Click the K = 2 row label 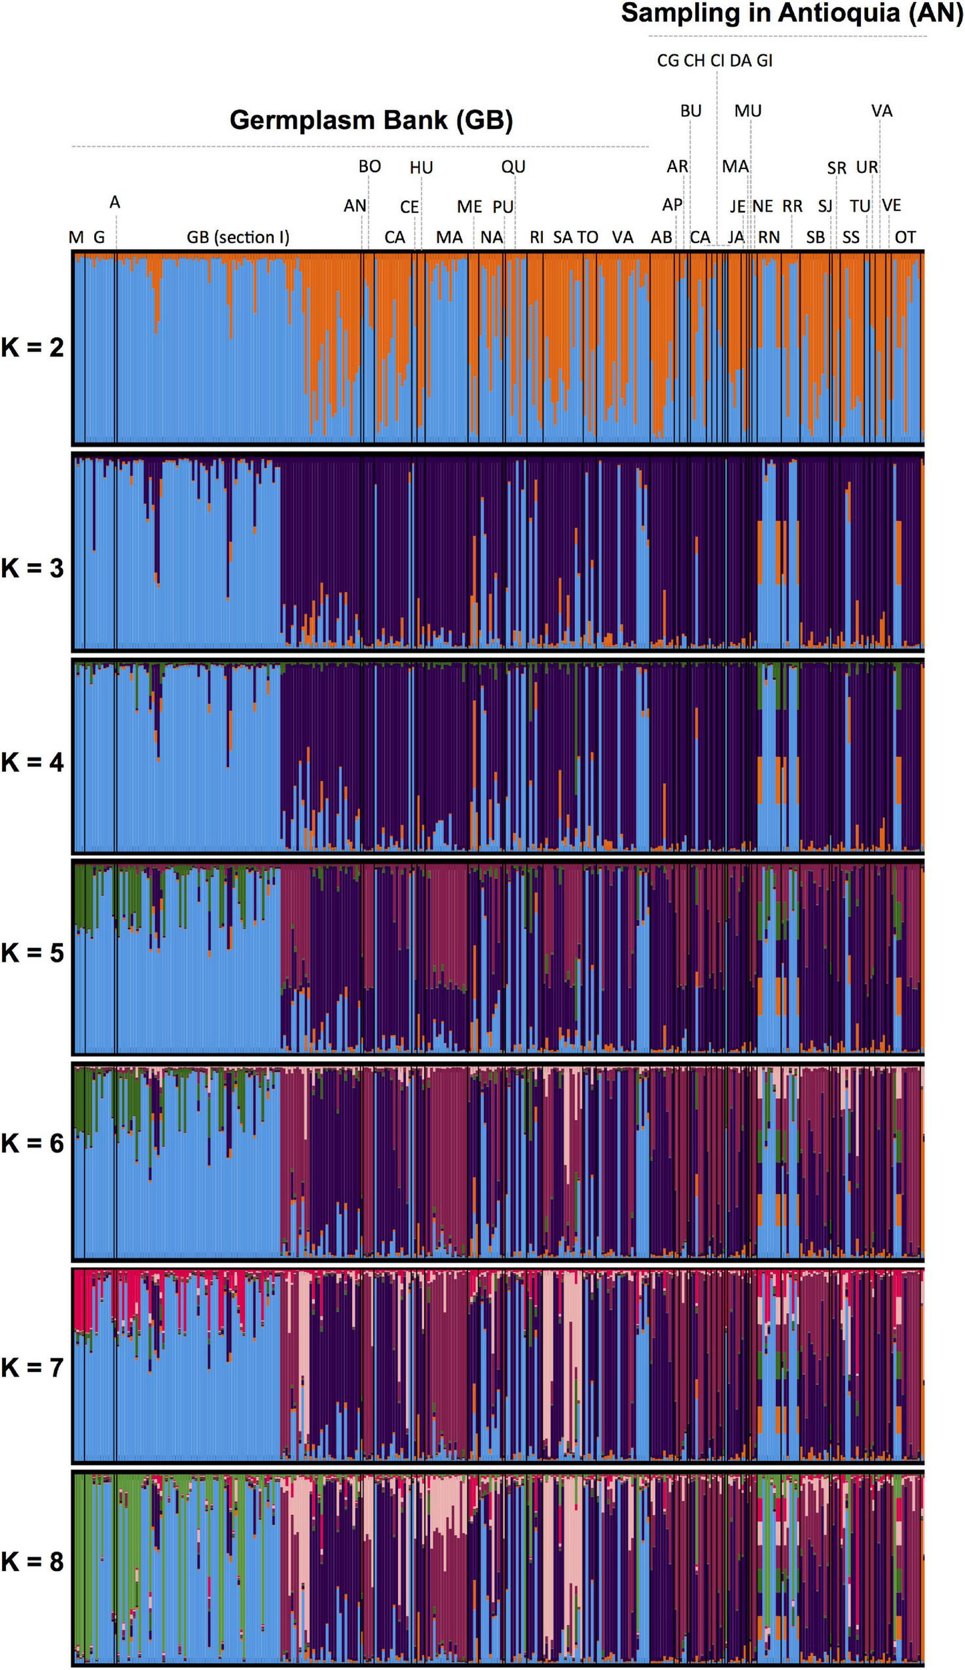[x=32, y=347]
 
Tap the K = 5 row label [x=32, y=953]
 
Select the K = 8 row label [x=32, y=1562]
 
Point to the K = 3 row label [x=32, y=568]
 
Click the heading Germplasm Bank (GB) [x=371, y=120]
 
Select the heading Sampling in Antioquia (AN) [x=791, y=13]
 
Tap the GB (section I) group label [x=238, y=237]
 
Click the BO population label [x=369, y=166]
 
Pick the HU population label [x=421, y=168]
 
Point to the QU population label [x=513, y=166]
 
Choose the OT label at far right [x=905, y=237]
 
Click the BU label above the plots [x=691, y=111]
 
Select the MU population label [x=748, y=111]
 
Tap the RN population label [x=769, y=237]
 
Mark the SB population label [x=815, y=237]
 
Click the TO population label [x=588, y=237]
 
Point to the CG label [x=668, y=61]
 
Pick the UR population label [x=867, y=167]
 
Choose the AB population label [x=661, y=237]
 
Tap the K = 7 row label [x=32, y=1367]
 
